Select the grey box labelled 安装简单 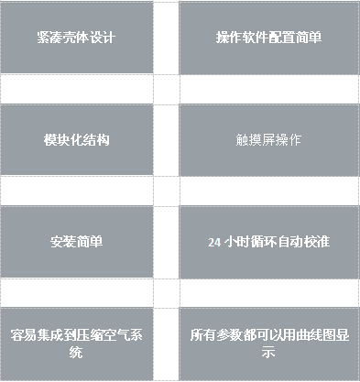pyautogui.click(x=76, y=242)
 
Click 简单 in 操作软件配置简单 pyautogui.click(x=307, y=38)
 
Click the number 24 pyautogui.click(x=214, y=243)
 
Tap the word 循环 pyautogui.click(x=265, y=243)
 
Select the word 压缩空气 pyautogui.click(x=101, y=335)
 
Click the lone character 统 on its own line pyautogui.click(x=76, y=352)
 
